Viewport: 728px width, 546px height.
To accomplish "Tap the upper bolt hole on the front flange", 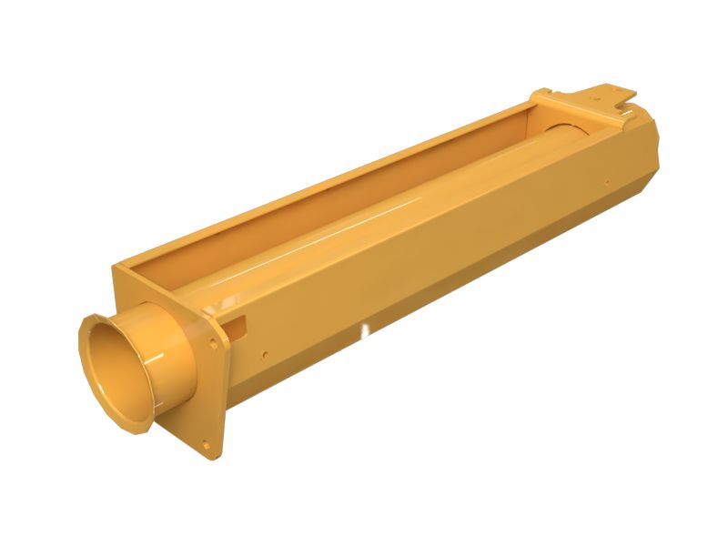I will tap(213, 344).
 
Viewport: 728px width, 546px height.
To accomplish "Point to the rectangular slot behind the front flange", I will tap(238, 321).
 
